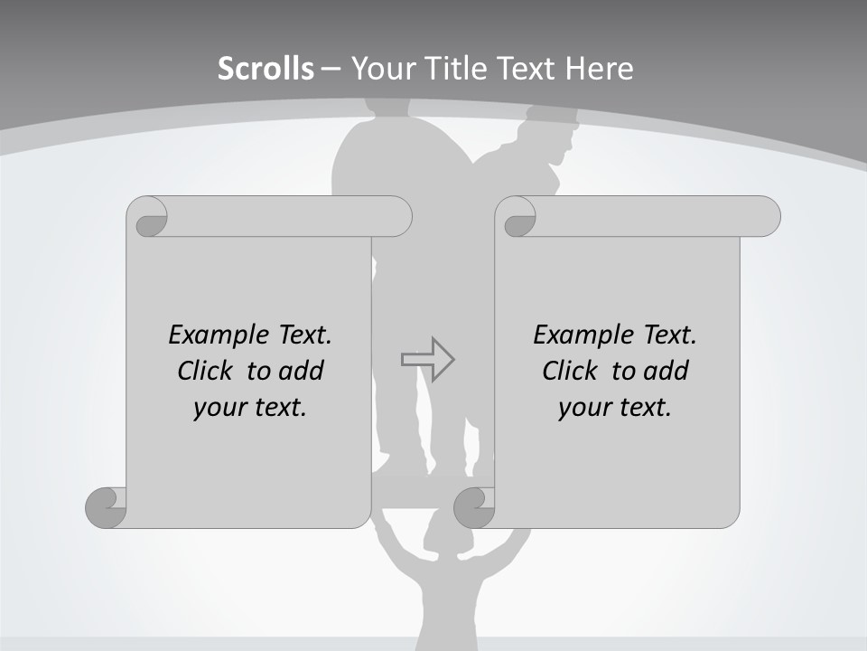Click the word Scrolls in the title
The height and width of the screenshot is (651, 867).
(x=266, y=69)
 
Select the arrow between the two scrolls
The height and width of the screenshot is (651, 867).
(x=428, y=359)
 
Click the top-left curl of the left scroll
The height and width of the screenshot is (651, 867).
(x=148, y=218)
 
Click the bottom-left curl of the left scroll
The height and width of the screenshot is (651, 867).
(x=107, y=506)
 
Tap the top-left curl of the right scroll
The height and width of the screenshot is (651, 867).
(x=517, y=218)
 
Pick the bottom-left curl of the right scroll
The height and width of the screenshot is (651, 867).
(x=474, y=507)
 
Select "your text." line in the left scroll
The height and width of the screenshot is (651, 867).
(x=250, y=407)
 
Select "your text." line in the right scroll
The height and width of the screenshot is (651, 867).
(x=615, y=407)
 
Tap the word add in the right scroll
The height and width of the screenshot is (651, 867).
(x=667, y=371)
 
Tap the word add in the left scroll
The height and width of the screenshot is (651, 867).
(x=302, y=371)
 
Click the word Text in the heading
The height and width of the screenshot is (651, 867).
(x=524, y=69)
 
